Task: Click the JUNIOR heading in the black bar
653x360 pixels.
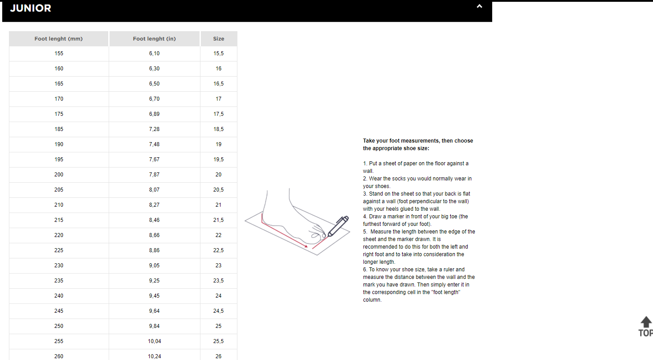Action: click(31, 8)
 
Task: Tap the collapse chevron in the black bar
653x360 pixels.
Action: click(479, 6)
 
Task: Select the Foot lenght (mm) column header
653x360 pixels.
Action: click(59, 39)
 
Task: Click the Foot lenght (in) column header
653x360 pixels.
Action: click(154, 39)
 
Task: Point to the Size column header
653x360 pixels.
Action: click(218, 39)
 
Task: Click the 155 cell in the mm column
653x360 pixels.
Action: click(59, 53)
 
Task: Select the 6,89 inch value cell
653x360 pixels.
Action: click(154, 114)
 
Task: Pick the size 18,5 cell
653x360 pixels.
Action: click(218, 129)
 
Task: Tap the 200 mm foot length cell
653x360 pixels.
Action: click(59, 175)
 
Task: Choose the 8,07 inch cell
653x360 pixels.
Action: click(154, 190)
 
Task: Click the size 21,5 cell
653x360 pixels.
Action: click(218, 220)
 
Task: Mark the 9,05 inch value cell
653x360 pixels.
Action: click(154, 266)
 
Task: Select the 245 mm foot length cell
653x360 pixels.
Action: click(59, 311)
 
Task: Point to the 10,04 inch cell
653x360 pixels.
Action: click(154, 341)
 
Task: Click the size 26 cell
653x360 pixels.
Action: click(218, 356)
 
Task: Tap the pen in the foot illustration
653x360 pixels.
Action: click(338, 226)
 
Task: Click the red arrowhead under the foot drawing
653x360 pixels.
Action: click(306, 246)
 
